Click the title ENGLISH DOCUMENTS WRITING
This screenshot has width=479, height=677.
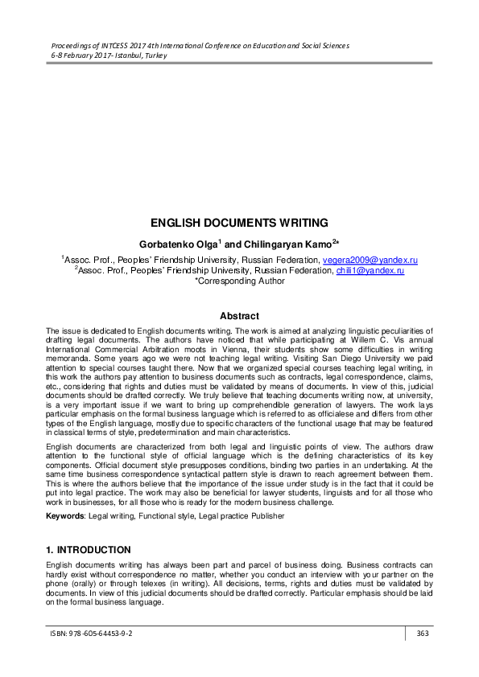[239, 223]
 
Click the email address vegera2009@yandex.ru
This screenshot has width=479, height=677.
[370, 261]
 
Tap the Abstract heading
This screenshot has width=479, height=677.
[239, 317]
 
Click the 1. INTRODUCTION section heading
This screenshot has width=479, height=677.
[89, 550]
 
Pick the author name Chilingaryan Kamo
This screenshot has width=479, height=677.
[280, 243]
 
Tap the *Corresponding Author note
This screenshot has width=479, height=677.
[239, 281]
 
